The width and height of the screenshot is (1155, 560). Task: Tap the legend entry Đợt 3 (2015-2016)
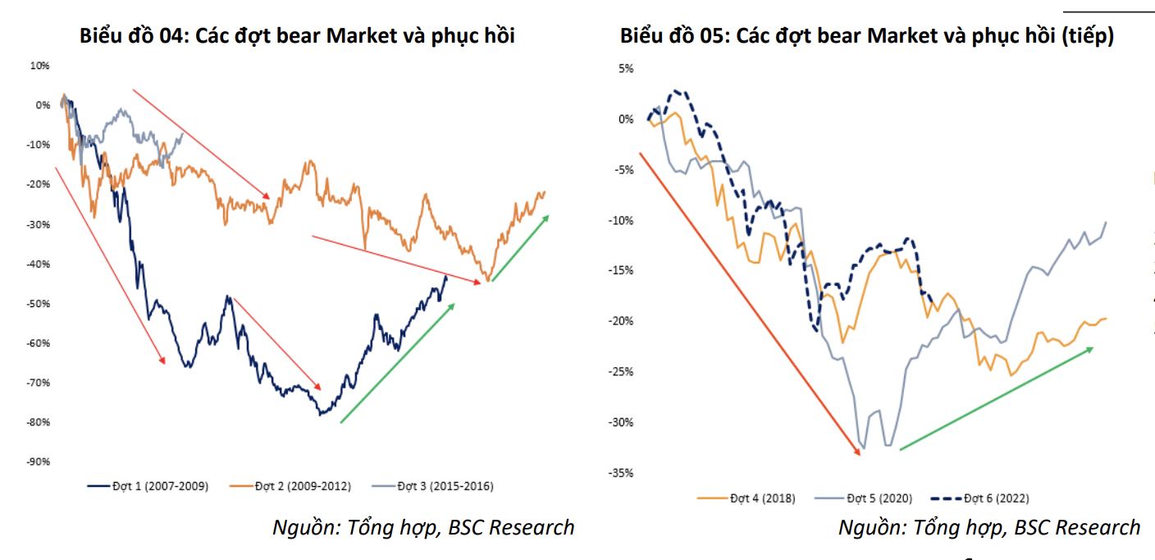(444, 486)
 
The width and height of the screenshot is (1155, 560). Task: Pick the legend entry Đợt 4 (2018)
(755, 498)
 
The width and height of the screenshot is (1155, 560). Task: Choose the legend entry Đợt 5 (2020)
(870, 498)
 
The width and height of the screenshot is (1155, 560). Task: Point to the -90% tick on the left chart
(39, 461)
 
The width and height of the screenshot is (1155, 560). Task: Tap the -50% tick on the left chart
(39, 303)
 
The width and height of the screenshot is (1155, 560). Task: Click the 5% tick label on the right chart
(626, 69)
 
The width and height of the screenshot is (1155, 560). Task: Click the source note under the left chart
(423, 527)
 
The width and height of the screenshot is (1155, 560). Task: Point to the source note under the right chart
(989, 527)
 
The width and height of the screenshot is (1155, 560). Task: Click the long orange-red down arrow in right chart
(751, 300)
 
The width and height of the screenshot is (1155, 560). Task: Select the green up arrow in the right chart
(996, 398)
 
